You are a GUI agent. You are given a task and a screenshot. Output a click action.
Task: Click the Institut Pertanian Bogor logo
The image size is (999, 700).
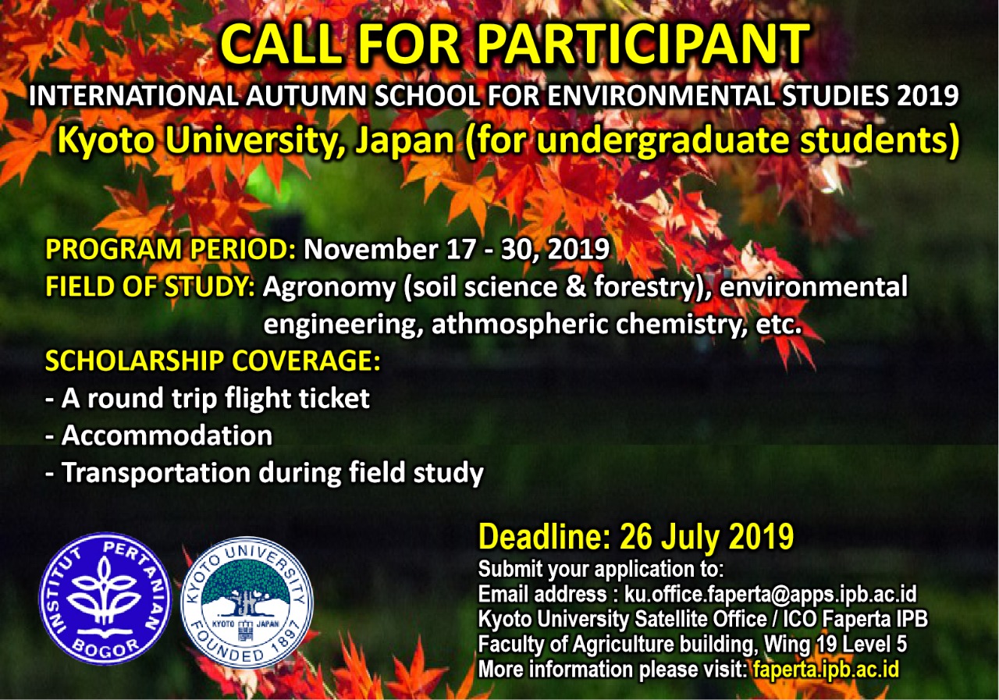pyautogui.click(x=105, y=599)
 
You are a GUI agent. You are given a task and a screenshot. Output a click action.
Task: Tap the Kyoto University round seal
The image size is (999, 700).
pyautogui.click(x=247, y=602)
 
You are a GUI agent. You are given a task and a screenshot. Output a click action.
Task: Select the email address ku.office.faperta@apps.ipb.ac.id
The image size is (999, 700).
pyautogui.click(x=770, y=594)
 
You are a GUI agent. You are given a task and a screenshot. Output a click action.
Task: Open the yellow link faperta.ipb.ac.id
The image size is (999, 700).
pyautogui.click(x=826, y=670)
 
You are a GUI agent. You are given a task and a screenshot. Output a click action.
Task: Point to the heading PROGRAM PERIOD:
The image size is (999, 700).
pyautogui.click(x=170, y=249)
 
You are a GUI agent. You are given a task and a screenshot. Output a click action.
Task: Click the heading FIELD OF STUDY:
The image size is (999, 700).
pyautogui.click(x=151, y=286)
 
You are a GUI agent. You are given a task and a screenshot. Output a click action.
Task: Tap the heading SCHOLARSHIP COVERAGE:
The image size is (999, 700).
pyautogui.click(x=213, y=361)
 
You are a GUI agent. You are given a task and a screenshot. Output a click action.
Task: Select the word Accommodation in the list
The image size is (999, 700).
pyautogui.click(x=167, y=435)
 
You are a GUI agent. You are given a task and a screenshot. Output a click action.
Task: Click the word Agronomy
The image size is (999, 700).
pyautogui.click(x=329, y=288)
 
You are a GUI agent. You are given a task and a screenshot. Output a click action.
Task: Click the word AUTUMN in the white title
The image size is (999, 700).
pyautogui.click(x=307, y=95)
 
